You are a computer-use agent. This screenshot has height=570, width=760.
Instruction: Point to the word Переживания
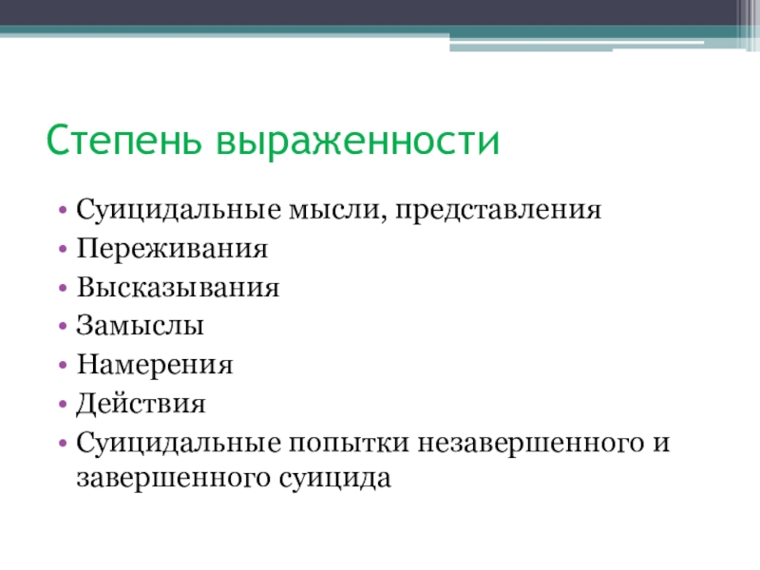click(171, 249)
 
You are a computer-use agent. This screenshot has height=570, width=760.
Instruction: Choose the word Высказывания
click(178, 288)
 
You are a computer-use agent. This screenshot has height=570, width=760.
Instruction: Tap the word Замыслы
click(141, 327)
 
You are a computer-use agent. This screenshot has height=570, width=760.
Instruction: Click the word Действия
click(141, 405)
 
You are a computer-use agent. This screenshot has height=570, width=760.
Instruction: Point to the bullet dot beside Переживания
click(62, 250)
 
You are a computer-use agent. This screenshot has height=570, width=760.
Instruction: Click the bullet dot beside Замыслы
click(62, 328)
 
